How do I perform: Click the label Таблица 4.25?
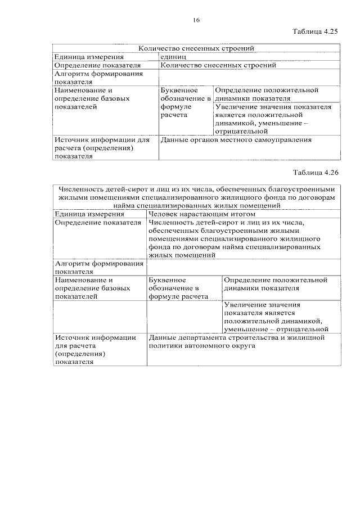[316, 33]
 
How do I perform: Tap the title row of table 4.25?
[196, 49]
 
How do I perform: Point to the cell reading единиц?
[174, 57]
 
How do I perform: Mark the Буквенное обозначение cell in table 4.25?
[185, 102]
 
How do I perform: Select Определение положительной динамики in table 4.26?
[274, 283]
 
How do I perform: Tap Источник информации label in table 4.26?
[96, 337]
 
